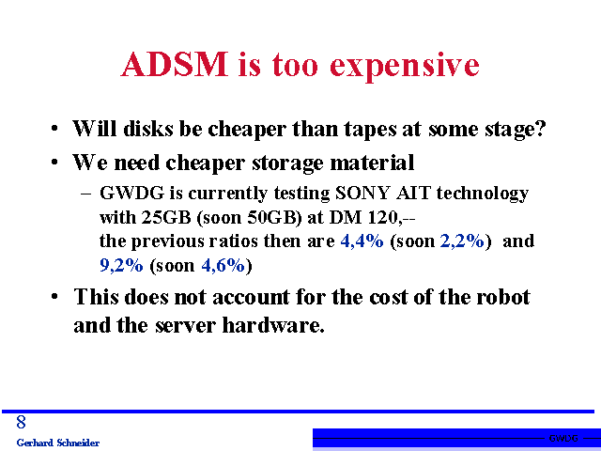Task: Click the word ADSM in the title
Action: tap(175, 65)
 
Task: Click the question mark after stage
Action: tap(540, 128)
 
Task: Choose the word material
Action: tap(372, 162)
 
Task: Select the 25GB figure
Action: tap(166, 217)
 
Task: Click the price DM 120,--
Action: tap(372, 218)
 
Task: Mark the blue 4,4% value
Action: tap(362, 241)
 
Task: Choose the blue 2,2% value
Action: tap(462, 241)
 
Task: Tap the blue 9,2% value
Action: tap(121, 265)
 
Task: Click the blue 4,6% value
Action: tap(223, 265)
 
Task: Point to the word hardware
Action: tap(273, 325)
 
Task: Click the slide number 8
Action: tap(21, 422)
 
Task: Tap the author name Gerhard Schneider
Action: tap(58, 443)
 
